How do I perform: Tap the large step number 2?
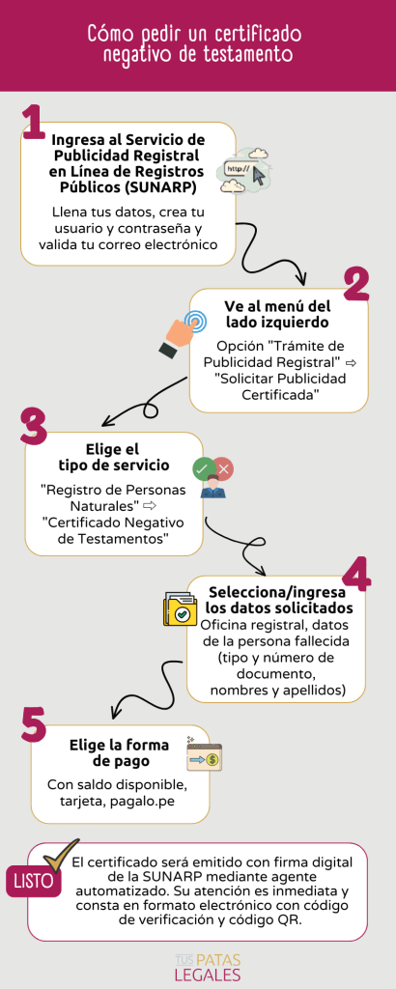coord(355,286)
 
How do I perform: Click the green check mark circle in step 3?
coord(202,468)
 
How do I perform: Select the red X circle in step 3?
coord(223,468)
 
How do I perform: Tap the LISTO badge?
coord(33,881)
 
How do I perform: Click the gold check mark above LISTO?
coord(61,856)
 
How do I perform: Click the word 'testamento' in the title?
coord(249,54)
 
